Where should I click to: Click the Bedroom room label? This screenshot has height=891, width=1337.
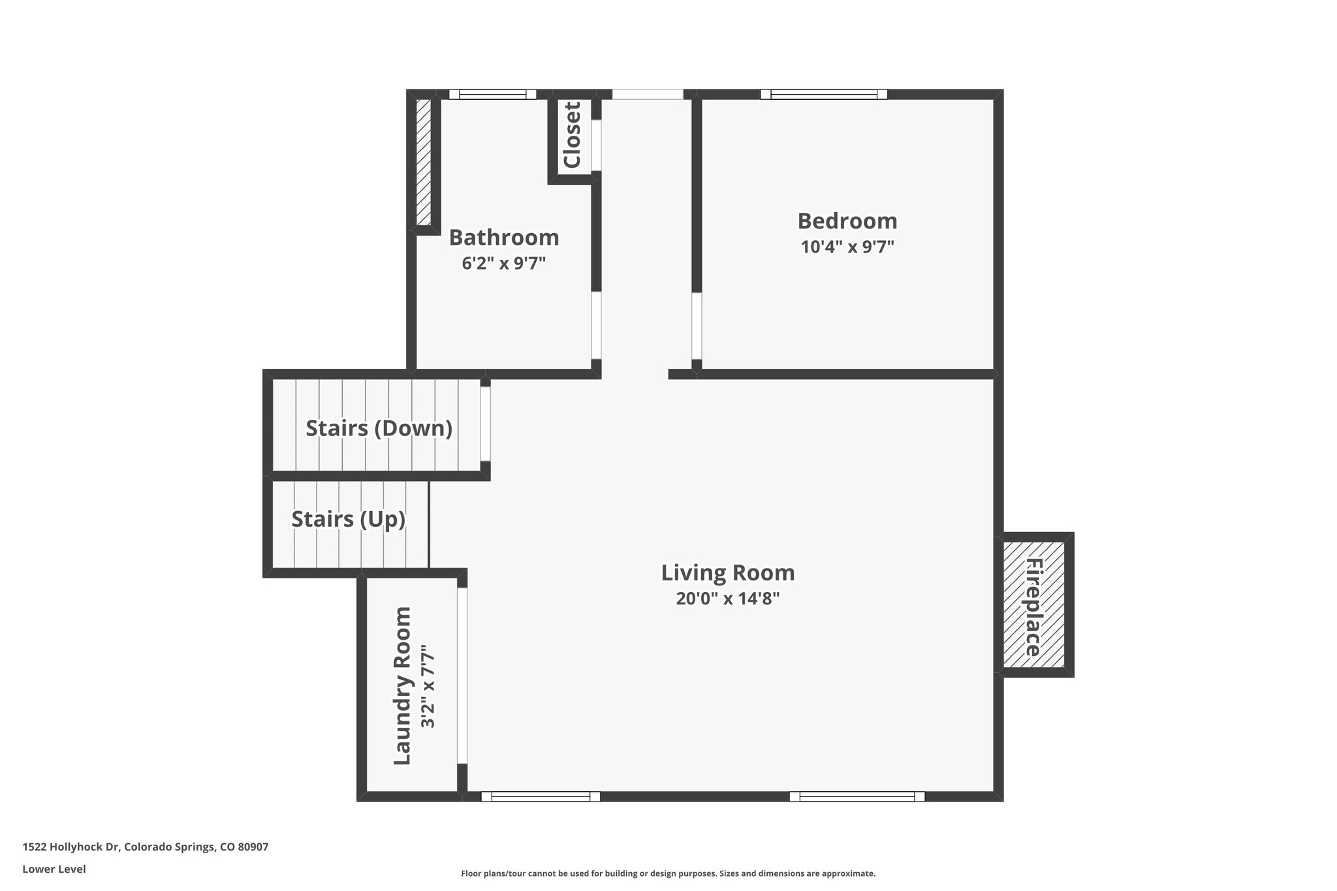click(x=847, y=221)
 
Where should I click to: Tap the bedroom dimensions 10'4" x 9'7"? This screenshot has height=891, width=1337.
click(x=847, y=247)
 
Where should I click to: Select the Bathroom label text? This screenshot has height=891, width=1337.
click(x=503, y=238)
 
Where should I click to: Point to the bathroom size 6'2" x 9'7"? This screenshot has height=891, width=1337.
click(x=503, y=264)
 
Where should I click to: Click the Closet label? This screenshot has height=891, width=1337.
click(x=572, y=135)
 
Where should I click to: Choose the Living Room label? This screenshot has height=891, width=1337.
click(x=727, y=572)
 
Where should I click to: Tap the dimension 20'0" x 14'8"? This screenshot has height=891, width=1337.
click(x=727, y=599)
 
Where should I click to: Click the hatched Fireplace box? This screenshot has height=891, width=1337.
click(x=1033, y=605)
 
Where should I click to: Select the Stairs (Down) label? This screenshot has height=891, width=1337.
click(x=379, y=428)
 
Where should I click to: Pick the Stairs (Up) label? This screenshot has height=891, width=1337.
click(x=348, y=519)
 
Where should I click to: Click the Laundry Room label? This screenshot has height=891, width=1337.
click(x=402, y=685)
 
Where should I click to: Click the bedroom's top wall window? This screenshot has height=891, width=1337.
click(x=823, y=94)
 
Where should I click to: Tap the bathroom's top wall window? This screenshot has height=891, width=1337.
click(x=492, y=94)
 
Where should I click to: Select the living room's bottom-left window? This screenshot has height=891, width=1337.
click(x=540, y=796)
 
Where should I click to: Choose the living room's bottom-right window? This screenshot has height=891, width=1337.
click(x=857, y=796)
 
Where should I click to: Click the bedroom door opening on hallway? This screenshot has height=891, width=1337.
click(x=697, y=326)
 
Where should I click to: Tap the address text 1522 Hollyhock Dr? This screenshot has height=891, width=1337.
click(x=145, y=847)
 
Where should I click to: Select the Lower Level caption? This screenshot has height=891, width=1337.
click(x=54, y=869)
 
